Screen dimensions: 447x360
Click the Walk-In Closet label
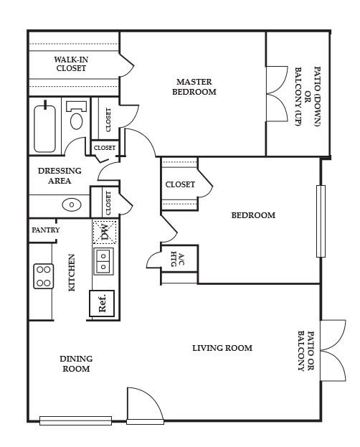[70, 64]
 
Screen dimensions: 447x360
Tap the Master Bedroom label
[196, 87]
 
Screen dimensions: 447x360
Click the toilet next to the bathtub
[76, 116]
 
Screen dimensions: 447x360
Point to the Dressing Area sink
[72, 204]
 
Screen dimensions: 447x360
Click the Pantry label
[45, 230]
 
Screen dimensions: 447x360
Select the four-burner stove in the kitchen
[44, 276]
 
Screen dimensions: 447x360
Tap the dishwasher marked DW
[105, 232]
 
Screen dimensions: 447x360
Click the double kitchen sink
[105, 260]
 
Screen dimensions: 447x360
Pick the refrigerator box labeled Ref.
[102, 302]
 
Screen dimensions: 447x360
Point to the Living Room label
[222, 348]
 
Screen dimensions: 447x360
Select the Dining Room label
[75, 364]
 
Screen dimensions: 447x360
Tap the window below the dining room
[75, 420]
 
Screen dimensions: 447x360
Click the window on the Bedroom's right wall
[321, 221]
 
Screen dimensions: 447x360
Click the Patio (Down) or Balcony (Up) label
[307, 96]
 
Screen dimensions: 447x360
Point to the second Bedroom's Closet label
[180, 184]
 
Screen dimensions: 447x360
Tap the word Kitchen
[72, 272]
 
